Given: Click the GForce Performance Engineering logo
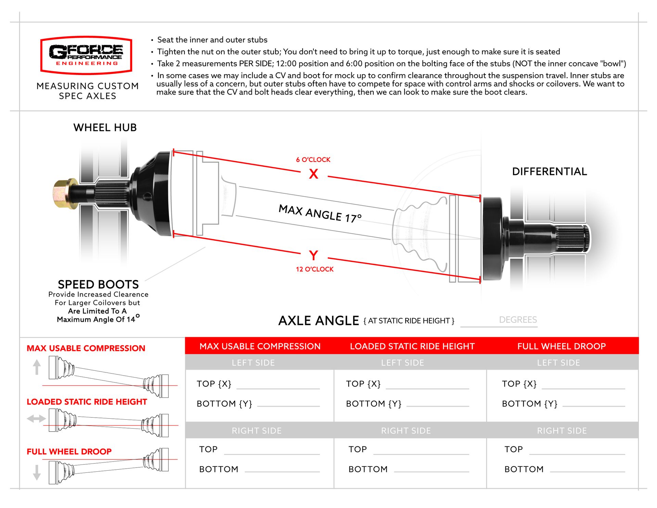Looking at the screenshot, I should point(86,55).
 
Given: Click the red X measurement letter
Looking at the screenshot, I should point(313,174).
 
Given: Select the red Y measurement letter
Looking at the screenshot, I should point(313,255).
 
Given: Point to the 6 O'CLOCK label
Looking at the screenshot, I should point(313,160).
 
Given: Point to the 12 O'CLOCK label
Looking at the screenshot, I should point(314,269).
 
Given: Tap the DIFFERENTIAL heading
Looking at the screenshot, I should point(549,172).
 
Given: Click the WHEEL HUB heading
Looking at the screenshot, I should point(105,128).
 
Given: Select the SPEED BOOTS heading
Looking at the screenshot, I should point(98,284).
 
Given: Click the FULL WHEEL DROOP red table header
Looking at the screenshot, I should point(561,346).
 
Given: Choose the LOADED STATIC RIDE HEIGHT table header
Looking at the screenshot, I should point(412,346).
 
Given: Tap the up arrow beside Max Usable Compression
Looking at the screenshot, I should point(37,367).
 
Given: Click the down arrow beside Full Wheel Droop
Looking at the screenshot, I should point(37,472).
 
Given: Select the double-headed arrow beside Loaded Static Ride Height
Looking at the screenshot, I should point(36,418).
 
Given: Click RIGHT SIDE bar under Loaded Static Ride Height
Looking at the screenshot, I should point(406,431).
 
